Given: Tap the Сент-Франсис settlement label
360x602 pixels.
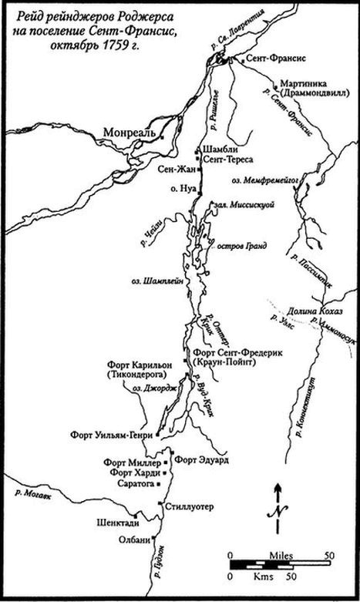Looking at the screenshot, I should coord(266,59).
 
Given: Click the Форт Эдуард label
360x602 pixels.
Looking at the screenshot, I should coord(202,459).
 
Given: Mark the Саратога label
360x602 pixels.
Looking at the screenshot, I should coord(134,486).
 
